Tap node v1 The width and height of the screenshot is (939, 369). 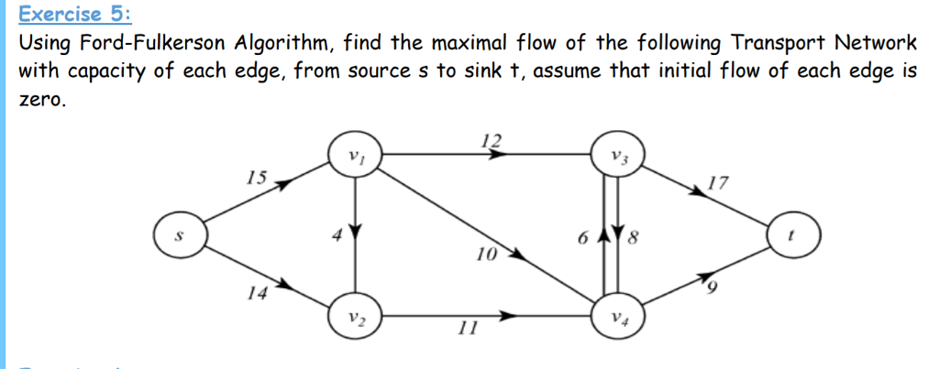355,155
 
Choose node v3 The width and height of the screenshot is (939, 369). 618,155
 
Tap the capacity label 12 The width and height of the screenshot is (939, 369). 492,140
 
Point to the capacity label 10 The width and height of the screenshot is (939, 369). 486,252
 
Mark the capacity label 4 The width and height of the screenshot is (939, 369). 337,235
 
